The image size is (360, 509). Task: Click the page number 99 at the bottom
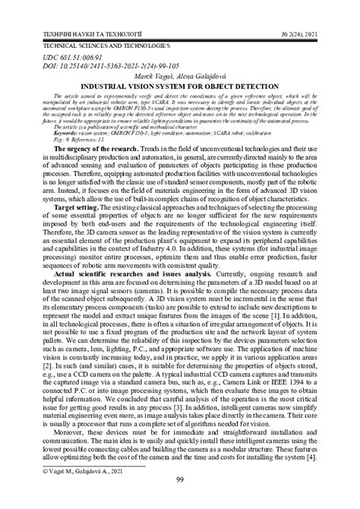[x=180, y=499]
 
